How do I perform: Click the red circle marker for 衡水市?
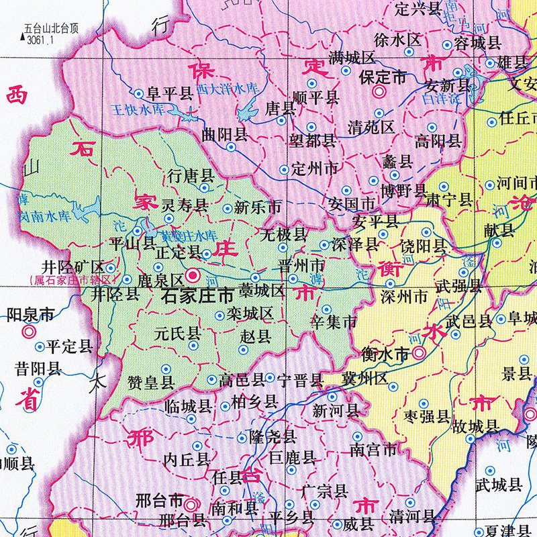coord(419,353)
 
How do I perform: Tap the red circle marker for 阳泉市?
coord(28,331)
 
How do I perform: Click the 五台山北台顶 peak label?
coord(51,29)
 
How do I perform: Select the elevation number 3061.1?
coord(40,40)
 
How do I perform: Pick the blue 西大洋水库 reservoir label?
coord(226,88)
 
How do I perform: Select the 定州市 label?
coord(315,169)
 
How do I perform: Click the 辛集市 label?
coord(334,322)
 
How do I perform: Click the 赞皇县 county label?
coord(151,383)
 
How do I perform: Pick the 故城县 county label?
coord(475,426)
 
